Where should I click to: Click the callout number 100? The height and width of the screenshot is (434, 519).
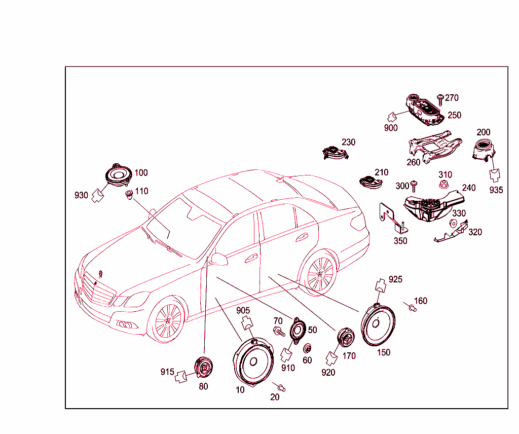coord(141,173)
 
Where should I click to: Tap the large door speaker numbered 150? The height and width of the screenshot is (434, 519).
coord(378,324)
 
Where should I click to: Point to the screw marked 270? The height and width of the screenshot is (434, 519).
coord(440,99)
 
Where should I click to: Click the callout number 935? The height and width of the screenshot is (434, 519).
coord(496,190)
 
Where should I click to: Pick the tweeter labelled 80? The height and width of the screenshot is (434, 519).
coord(203,367)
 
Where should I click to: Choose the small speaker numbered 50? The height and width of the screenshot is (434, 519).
coord(298,330)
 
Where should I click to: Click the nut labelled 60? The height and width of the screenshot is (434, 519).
coord(307,348)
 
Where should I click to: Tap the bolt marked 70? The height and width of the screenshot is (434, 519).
coord(279,332)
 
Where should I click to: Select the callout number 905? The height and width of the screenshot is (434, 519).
coord(243,310)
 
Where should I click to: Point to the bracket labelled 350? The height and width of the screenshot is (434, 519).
coord(393,218)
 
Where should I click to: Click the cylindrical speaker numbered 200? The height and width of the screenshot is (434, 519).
coord(484,150)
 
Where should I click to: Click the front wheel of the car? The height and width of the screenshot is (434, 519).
coord(167,320)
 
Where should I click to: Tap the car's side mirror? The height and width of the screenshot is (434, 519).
coord(219,259)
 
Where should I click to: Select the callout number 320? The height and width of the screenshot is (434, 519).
coord(475,232)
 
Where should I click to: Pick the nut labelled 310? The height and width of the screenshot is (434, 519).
coord(443,185)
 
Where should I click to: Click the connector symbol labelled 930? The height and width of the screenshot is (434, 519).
coord(97,196)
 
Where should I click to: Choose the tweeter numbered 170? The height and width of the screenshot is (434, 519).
coord(345,337)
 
